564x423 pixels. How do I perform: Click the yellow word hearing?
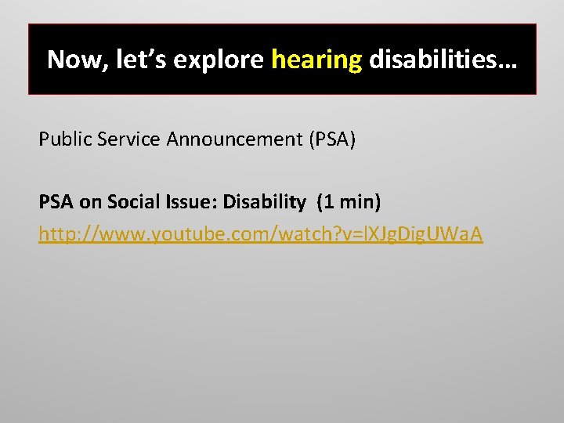(316, 60)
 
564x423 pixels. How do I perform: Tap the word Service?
(128, 140)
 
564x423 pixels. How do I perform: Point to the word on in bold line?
(89, 202)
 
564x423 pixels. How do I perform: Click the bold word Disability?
(264, 202)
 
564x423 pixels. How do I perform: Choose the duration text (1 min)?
(349, 202)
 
